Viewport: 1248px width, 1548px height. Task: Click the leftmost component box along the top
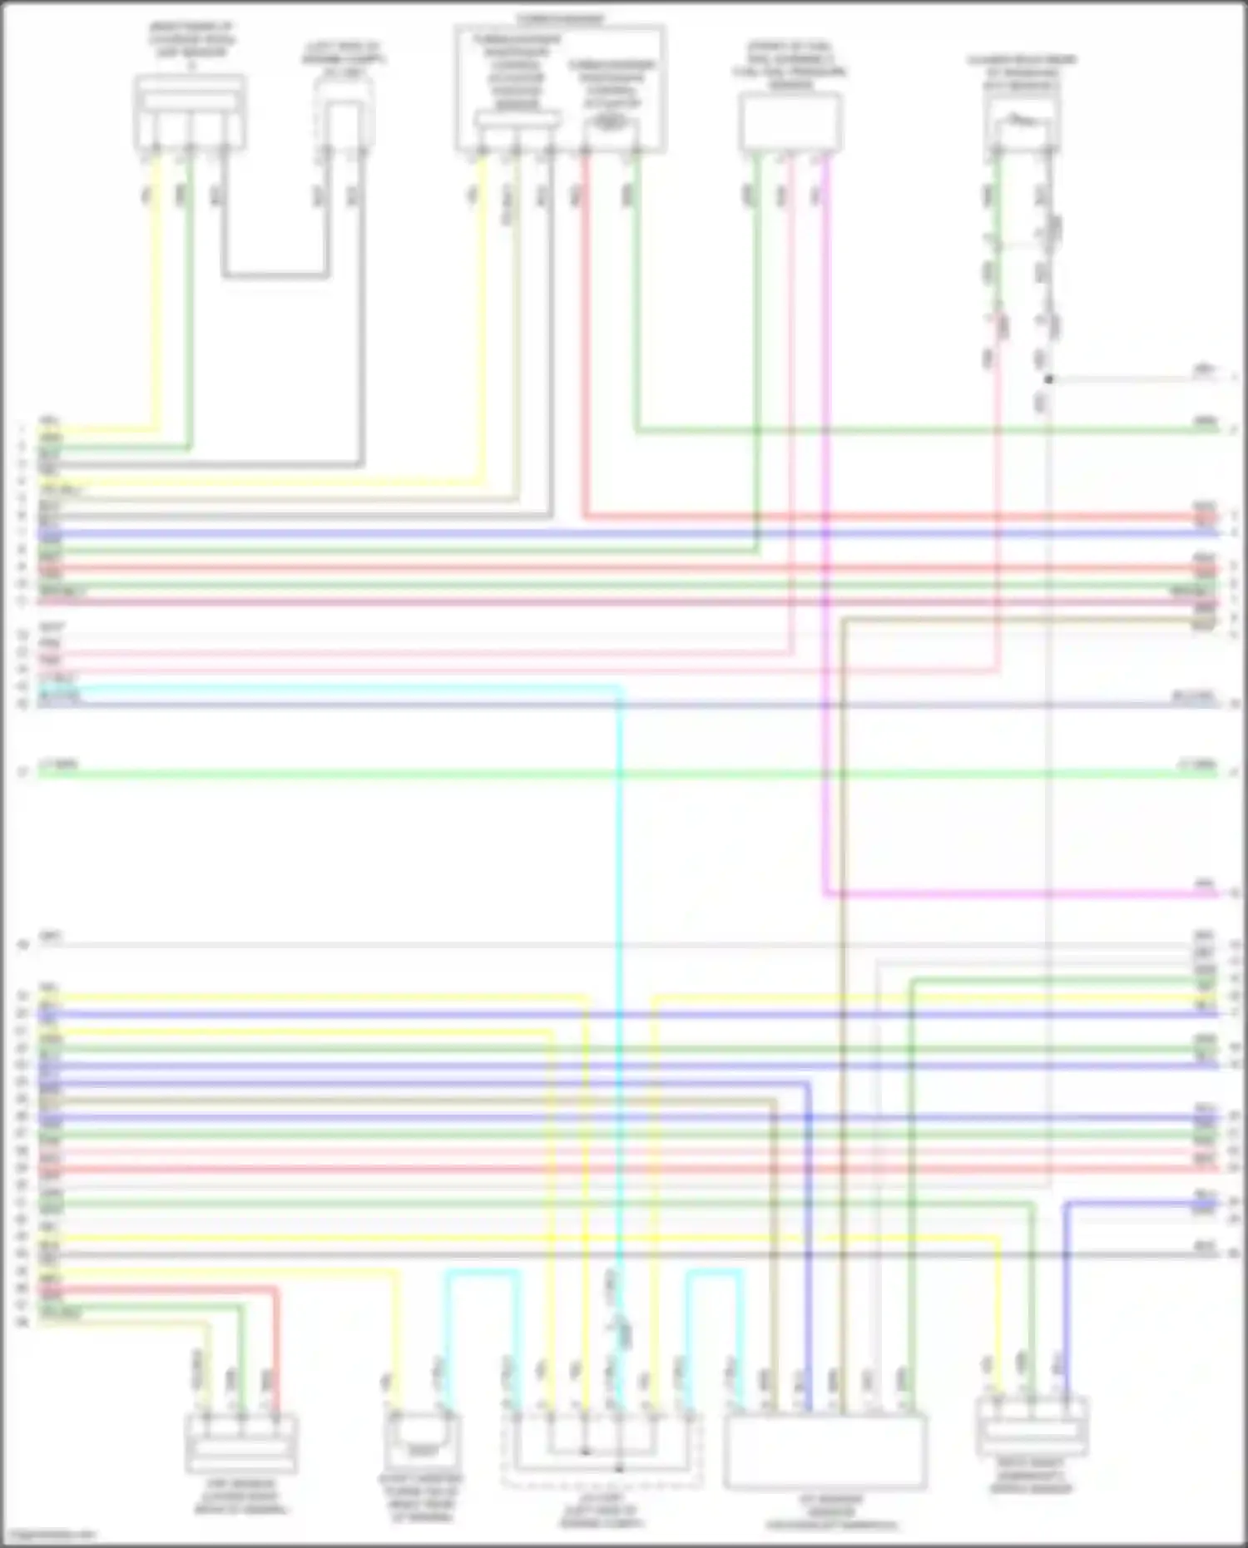tap(190, 112)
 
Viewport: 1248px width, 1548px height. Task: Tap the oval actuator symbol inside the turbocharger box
tap(612, 122)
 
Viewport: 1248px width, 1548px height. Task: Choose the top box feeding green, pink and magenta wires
tap(790, 122)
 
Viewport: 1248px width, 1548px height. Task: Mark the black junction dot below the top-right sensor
tap(1048, 379)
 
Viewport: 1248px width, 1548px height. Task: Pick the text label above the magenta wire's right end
tap(1204, 883)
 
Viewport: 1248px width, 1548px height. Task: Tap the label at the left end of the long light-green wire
tap(58, 764)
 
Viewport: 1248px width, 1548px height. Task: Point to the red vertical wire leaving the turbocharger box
tap(586, 333)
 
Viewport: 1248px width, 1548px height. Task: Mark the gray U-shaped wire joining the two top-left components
tap(275, 274)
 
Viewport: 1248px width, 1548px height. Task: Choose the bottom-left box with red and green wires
tap(240, 1444)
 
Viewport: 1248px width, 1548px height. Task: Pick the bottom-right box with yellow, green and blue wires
tap(1032, 1426)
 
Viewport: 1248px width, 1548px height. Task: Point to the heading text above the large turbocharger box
tap(560, 18)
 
